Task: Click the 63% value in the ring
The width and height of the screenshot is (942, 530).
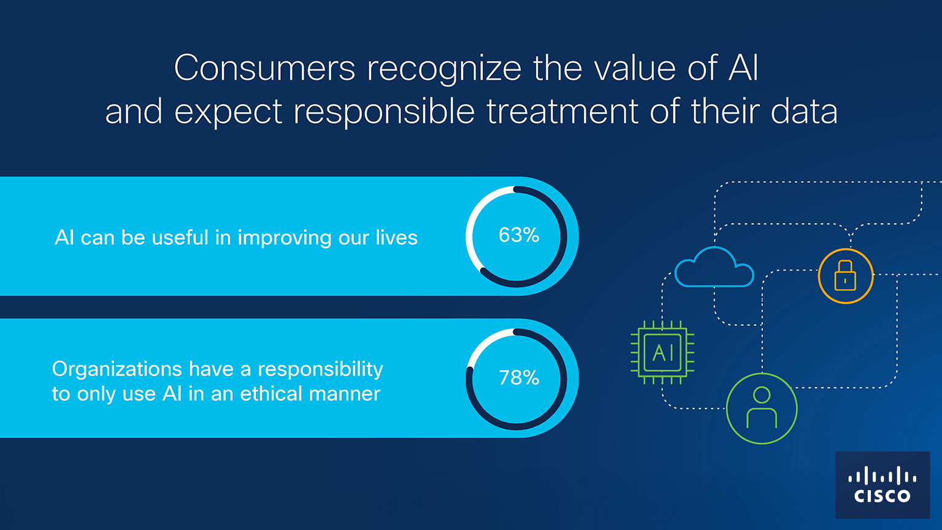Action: pos(518,235)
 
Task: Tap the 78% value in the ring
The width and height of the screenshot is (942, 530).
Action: pos(518,378)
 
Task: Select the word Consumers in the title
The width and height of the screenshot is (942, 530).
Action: pos(265,67)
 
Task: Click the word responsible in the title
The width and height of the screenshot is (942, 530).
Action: pos(384,112)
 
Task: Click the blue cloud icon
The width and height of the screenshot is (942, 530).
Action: pos(714,267)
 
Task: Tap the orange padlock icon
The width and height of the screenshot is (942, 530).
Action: pos(846,276)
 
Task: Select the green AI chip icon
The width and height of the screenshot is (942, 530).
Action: pos(662,353)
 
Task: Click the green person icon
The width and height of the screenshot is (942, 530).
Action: pos(762,409)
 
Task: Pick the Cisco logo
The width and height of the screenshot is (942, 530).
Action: pos(883,485)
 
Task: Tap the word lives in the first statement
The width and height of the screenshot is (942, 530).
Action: pos(397,237)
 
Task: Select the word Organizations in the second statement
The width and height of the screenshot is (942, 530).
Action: pos(117,369)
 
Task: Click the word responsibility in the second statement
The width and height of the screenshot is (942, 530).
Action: pos(321,369)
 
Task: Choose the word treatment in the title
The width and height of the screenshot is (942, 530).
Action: pos(562,112)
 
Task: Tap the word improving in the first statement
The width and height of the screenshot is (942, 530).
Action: pos(285,238)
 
